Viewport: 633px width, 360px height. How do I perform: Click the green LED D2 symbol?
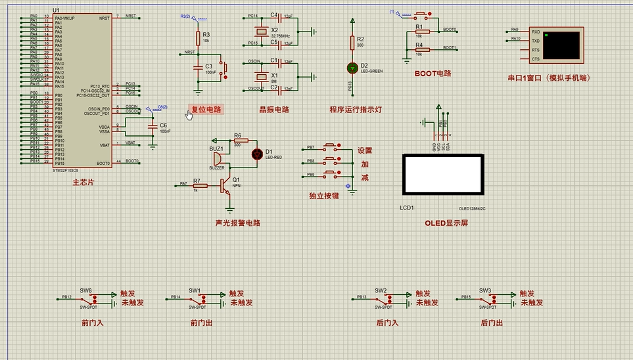click(352, 68)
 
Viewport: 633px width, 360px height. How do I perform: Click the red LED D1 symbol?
click(256, 154)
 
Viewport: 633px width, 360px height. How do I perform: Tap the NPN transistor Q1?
click(227, 186)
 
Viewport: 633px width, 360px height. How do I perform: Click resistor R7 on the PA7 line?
click(200, 186)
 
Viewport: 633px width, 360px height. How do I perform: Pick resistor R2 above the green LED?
click(352, 43)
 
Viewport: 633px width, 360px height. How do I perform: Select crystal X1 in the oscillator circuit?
click(261, 75)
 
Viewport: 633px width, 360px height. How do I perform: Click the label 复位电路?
click(206, 110)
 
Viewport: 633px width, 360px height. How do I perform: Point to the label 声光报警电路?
click(238, 223)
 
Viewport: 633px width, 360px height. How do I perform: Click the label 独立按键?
click(323, 196)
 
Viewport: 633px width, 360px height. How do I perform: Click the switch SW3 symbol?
click(486, 299)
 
